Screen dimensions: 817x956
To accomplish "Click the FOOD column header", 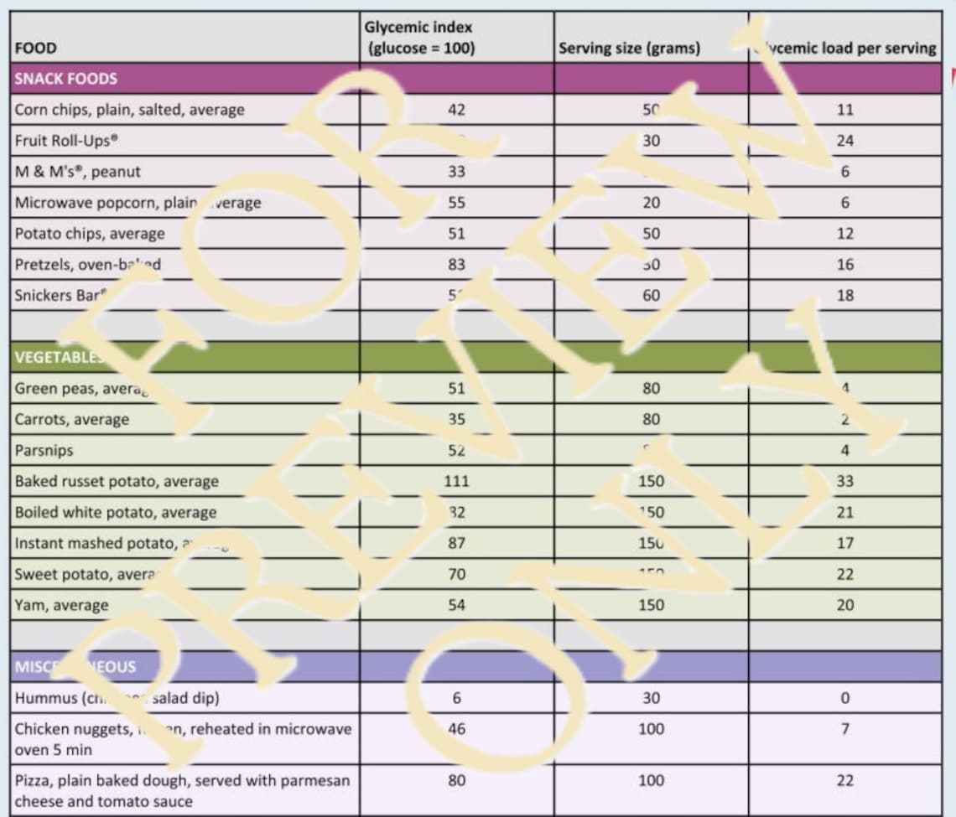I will pyautogui.click(x=36, y=49).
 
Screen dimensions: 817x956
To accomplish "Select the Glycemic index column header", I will pyautogui.click(x=419, y=38).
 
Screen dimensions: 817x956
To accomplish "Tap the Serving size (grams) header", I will pyautogui.click(x=629, y=49).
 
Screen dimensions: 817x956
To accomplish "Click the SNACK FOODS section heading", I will pyautogui.click(x=66, y=80).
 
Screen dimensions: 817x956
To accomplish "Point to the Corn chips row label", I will pyautogui.click(x=130, y=110).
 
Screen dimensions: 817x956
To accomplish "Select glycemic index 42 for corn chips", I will pyautogui.click(x=456, y=110).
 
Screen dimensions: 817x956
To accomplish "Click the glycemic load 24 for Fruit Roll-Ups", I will pyautogui.click(x=844, y=141).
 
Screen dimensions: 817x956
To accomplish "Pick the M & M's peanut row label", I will pyautogui.click(x=78, y=172).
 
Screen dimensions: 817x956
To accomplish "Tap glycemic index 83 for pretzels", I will pyautogui.click(x=456, y=265).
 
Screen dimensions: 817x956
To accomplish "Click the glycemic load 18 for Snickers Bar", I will pyautogui.click(x=844, y=296).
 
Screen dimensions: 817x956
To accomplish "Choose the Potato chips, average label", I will pyautogui.click(x=90, y=234).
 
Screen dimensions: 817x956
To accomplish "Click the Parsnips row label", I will pyautogui.click(x=44, y=451).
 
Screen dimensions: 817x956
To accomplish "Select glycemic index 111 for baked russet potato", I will pyautogui.click(x=456, y=482).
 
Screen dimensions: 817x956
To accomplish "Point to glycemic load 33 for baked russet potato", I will pyautogui.click(x=844, y=482).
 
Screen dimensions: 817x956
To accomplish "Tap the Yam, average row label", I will pyautogui.click(x=62, y=605).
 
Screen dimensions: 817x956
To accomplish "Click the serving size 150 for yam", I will pyautogui.click(x=651, y=605).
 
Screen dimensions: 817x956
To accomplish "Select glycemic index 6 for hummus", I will pyautogui.click(x=456, y=698).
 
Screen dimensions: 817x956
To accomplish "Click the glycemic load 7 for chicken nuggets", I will pyautogui.click(x=844, y=729).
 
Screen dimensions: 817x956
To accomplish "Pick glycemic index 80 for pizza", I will pyautogui.click(x=456, y=781).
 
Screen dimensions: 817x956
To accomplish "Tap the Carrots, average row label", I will pyautogui.click(x=72, y=420).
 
